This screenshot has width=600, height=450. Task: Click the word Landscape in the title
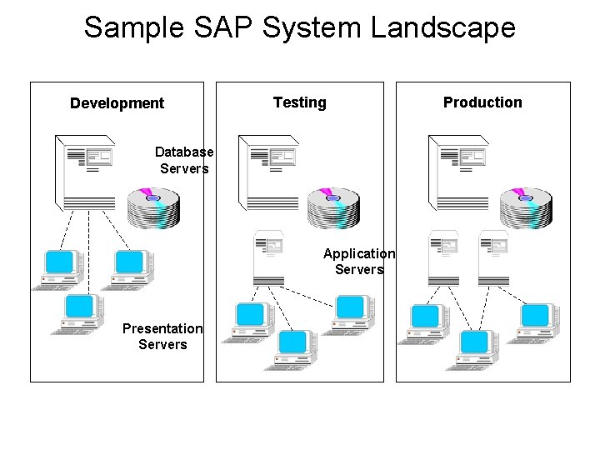tap(443, 27)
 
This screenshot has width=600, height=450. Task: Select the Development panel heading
tap(117, 103)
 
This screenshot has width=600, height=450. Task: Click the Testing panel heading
tap(299, 102)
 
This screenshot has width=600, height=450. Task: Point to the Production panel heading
tap(482, 102)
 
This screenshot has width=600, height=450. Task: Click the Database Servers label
tap(184, 160)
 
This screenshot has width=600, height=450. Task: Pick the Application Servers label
tap(359, 261)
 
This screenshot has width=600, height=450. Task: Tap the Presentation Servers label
tap(162, 336)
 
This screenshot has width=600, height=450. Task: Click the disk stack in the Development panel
tap(153, 208)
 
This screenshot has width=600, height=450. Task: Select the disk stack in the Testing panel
tap(332, 208)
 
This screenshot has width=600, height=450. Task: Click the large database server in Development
tap(87, 171)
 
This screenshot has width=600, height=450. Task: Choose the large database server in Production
tap(457, 172)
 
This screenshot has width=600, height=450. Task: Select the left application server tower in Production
tap(444, 257)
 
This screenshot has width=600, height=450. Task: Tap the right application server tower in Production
tap(492, 257)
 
